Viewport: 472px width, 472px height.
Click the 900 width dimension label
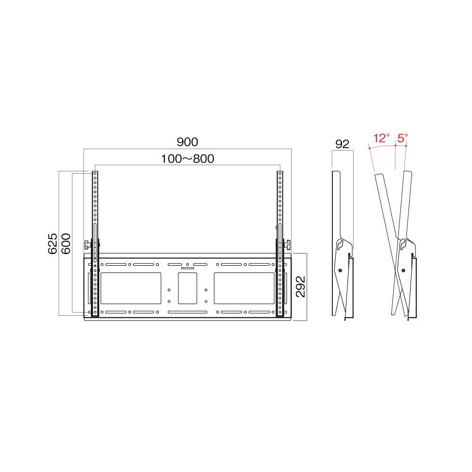pyautogui.click(x=187, y=142)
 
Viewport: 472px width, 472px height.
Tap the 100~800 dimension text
pyautogui.click(x=187, y=159)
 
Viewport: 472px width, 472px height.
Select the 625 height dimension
pyautogui.click(x=52, y=243)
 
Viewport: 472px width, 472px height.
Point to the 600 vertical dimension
pyautogui.click(x=66, y=243)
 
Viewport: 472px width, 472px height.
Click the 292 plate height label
pyautogui.click(x=300, y=287)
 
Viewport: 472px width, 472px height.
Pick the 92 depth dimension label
pyautogui.click(x=342, y=144)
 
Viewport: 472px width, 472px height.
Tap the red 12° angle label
pyautogui.click(x=381, y=138)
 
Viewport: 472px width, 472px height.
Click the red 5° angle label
pyautogui.click(x=403, y=138)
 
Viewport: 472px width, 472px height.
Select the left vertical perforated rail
pyautogui.click(x=95, y=244)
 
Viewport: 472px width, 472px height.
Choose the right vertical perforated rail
pyautogui.click(x=280, y=244)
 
